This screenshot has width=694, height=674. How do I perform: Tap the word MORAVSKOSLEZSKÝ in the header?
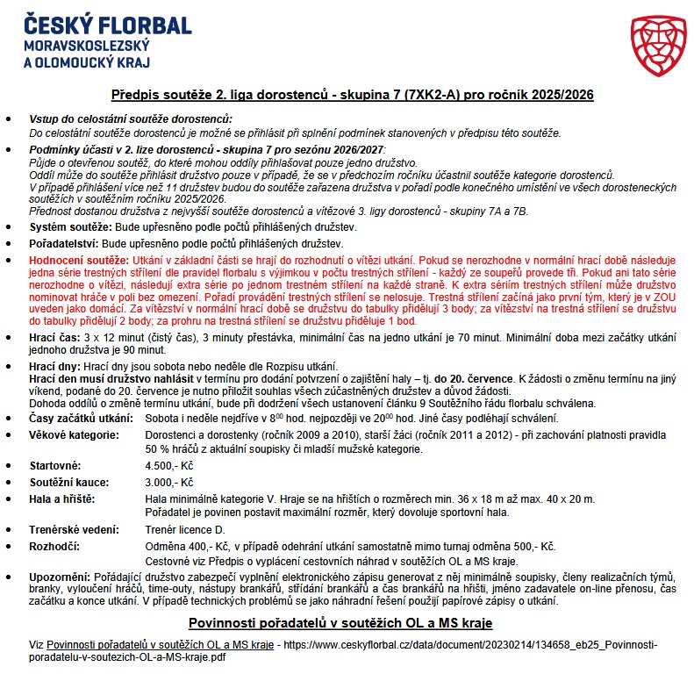(x=88, y=45)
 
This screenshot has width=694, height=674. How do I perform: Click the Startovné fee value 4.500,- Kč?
(x=169, y=466)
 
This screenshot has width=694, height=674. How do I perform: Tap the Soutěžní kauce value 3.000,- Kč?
(x=169, y=482)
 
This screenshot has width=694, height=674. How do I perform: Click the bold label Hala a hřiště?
(x=64, y=498)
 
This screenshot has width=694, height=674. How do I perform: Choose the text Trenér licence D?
(x=185, y=530)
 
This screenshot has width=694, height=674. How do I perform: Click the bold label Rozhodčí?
(x=54, y=546)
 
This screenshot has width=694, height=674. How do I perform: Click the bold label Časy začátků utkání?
(x=79, y=418)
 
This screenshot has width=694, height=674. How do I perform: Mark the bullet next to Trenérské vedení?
(x=10, y=530)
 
